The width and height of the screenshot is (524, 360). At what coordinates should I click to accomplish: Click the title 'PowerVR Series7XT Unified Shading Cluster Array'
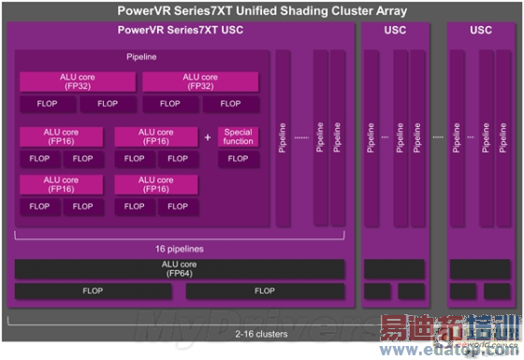[261, 10]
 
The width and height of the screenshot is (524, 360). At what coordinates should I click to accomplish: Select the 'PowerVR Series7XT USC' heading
[182, 30]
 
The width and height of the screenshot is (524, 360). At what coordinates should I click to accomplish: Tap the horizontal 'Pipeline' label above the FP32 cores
[142, 58]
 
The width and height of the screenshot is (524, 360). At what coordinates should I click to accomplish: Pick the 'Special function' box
[239, 137]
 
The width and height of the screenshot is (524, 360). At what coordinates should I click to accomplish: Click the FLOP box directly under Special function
[239, 159]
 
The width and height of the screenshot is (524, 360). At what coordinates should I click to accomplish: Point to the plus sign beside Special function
[208, 137]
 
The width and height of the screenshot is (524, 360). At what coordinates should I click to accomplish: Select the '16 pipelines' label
[181, 249]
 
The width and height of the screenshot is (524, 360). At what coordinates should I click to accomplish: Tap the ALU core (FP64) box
[180, 269]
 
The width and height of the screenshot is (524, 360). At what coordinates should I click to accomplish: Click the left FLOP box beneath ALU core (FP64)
[93, 292]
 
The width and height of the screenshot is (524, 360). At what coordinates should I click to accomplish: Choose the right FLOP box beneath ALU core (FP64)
[265, 292]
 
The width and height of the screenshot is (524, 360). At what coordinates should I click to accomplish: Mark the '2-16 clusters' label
[261, 334]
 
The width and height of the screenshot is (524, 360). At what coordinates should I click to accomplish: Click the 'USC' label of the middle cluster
[396, 30]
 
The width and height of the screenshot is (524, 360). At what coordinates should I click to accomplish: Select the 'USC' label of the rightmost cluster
[481, 30]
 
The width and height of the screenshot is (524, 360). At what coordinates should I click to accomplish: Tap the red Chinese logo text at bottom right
[450, 330]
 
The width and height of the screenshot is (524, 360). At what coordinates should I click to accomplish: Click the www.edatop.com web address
[450, 350]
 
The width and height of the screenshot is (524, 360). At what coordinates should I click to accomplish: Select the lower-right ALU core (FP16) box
[156, 185]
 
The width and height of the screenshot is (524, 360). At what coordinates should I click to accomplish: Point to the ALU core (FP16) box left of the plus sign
[156, 137]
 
